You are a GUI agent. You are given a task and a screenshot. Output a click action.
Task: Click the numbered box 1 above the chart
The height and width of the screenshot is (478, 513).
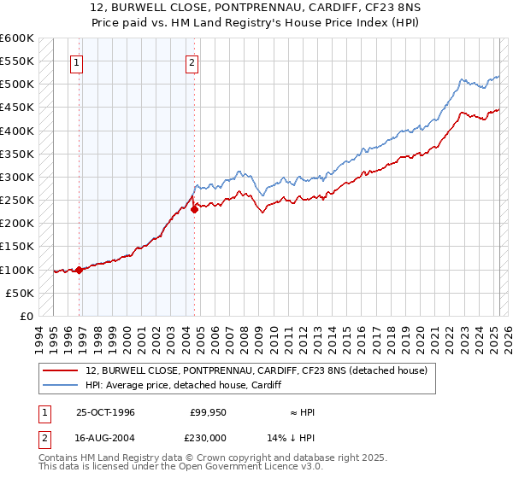coord(77,61)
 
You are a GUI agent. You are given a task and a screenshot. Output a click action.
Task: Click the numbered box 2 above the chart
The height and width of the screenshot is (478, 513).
coord(192,61)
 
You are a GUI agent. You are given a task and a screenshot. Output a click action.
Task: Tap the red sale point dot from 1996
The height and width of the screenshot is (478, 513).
coord(80,270)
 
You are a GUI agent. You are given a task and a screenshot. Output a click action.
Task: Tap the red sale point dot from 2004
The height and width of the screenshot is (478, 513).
coord(194,209)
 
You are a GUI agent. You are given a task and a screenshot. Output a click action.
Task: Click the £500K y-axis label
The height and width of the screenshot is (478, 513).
coord(17,85)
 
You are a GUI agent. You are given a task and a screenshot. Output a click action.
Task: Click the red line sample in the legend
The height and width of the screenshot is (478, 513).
coord(62,370)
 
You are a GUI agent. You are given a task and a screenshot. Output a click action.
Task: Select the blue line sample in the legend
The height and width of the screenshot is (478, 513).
coord(62,385)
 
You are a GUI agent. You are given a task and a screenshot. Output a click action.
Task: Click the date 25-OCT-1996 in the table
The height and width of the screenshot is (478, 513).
coord(105,412)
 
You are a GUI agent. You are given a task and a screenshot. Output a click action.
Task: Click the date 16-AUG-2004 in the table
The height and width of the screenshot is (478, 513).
coord(105,437)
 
